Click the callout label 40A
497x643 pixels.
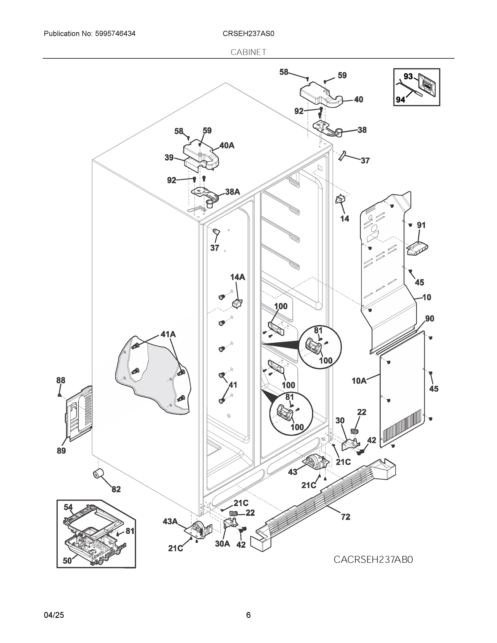(x=227, y=145)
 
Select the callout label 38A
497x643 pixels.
(x=232, y=192)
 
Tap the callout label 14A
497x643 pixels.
(x=237, y=277)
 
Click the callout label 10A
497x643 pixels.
(x=359, y=381)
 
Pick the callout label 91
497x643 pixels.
(x=421, y=225)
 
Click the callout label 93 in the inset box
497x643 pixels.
(x=408, y=77)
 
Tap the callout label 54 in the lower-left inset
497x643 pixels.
(x=68, y=507)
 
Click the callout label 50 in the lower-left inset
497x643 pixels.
(x=67, y=560)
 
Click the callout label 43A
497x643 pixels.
(x=170, y=521)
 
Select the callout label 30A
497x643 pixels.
(x=222, y=544)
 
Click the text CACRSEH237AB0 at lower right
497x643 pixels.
(x=373, y=559)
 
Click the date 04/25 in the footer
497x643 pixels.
(x=54, y=615)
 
